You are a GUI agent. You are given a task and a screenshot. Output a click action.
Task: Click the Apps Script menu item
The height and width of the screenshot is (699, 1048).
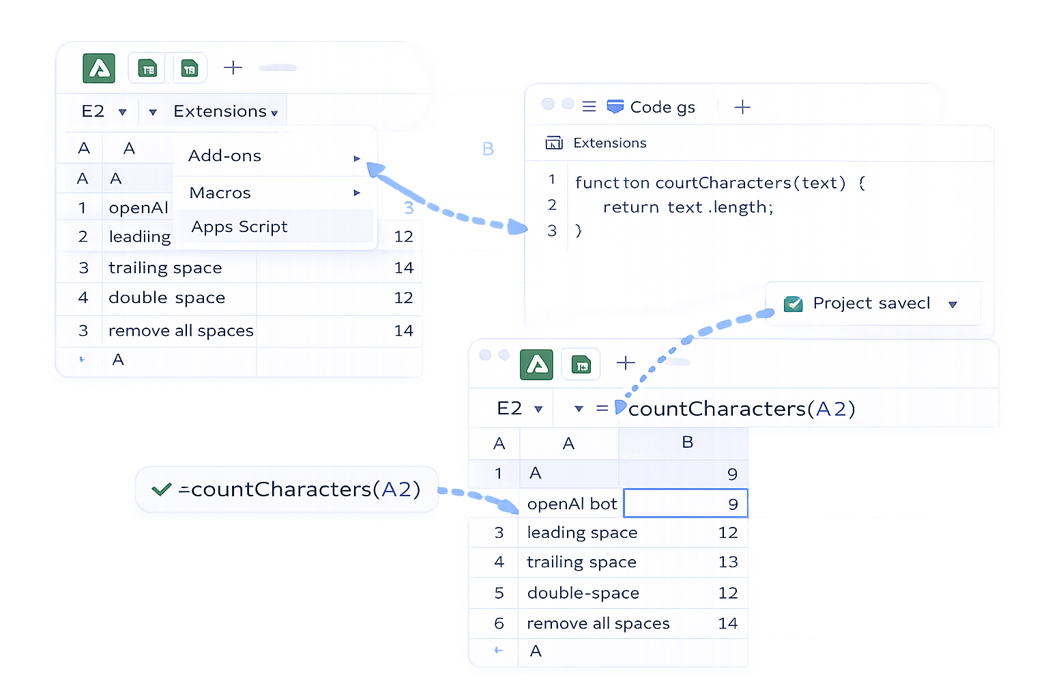239,227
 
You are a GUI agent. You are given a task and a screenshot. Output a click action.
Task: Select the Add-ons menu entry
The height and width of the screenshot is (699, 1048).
225,156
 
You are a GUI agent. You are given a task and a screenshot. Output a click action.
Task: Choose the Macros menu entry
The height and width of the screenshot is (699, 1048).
220,193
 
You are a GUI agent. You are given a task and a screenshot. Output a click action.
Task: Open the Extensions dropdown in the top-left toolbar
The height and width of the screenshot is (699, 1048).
224,111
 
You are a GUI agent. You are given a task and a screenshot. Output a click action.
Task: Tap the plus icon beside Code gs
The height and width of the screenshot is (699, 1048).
742,107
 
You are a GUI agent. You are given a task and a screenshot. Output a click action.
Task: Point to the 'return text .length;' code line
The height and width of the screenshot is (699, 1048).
688,208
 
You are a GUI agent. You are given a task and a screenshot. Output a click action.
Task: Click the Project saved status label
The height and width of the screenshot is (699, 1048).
871,303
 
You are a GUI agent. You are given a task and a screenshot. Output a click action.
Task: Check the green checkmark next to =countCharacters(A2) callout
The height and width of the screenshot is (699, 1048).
162,489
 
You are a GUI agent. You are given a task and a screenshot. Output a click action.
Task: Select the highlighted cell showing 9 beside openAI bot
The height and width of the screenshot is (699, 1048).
686,504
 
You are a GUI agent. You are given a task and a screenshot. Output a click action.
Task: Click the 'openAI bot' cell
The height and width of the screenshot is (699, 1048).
572,504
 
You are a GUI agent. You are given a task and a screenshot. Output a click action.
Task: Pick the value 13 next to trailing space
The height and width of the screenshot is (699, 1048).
727,562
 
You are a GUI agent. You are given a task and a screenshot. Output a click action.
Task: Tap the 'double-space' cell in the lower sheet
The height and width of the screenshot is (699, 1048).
583,593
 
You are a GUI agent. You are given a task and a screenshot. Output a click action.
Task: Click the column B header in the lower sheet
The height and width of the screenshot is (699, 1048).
687,442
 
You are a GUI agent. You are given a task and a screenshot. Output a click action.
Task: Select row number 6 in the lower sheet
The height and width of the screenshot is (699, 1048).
499,623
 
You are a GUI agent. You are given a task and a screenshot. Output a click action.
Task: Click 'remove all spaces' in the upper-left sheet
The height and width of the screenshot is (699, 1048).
181,331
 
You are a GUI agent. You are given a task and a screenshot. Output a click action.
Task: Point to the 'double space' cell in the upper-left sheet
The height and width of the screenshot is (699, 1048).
166,298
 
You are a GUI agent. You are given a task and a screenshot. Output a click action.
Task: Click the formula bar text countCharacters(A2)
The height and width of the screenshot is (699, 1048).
741,409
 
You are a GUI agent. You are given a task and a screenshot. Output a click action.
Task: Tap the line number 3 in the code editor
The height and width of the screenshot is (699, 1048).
552,231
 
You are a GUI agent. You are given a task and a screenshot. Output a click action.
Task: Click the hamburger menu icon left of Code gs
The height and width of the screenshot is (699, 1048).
589,106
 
